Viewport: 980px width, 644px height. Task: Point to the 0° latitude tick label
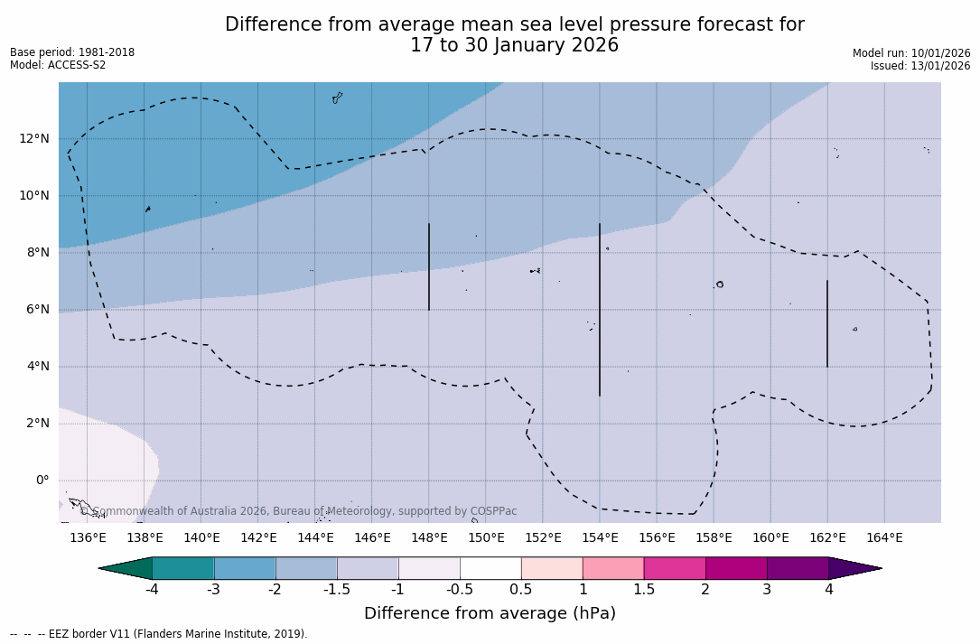(42, 481)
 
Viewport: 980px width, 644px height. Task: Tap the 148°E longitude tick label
(429, 538)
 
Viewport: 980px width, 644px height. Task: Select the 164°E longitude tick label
(884, 538)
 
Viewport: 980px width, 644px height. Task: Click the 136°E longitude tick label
(88, 538)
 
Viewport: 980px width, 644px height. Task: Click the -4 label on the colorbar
(153, 590)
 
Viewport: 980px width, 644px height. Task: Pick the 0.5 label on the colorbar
(521, 590)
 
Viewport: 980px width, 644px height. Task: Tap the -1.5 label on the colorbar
(337, 590)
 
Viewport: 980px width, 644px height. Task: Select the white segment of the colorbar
(490, 568)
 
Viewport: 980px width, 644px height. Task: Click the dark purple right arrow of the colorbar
(853, 568)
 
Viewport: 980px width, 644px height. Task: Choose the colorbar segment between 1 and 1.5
(613, 568)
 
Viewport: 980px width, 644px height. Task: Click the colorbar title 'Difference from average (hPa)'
(490, 614)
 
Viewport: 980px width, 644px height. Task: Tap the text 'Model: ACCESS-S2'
(58, 65)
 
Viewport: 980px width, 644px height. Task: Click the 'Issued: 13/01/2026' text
(920, 66)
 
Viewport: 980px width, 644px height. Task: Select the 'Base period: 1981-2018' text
(72, 52)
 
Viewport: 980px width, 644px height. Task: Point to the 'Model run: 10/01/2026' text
(911, 53)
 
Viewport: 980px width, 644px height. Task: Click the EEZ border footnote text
(159, 634)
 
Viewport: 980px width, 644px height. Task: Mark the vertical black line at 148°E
(429, 266)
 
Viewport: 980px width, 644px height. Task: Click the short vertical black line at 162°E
(827, 323)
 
